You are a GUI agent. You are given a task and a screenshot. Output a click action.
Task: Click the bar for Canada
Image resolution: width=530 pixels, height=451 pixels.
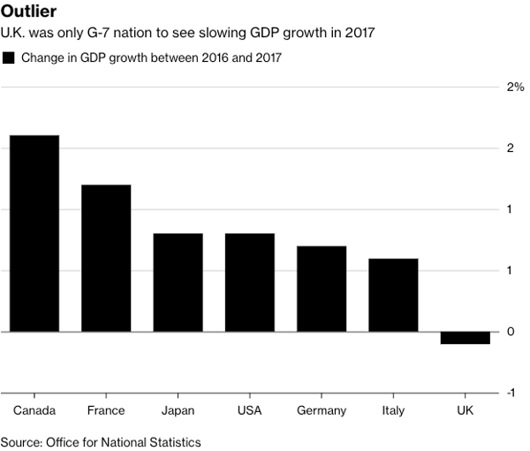[x=34, y=233]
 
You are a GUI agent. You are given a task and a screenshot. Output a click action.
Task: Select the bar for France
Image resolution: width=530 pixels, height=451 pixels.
[x=106, y=258]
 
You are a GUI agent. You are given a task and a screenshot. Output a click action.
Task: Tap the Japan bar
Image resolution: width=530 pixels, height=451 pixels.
[x=178, y=282]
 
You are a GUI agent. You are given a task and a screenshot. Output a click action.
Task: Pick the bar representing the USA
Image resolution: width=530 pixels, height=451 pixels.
[x=249, y=282]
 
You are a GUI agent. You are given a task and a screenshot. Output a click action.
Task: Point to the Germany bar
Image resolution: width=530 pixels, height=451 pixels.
[x=322, y=288]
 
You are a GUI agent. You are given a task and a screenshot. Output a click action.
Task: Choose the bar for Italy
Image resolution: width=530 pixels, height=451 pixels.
[x=393, y=294]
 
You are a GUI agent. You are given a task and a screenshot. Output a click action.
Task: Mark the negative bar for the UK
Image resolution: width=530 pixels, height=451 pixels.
[x=465, y=338]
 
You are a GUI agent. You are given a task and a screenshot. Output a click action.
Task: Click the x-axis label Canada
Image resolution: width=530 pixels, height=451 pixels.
[x=34, y=410]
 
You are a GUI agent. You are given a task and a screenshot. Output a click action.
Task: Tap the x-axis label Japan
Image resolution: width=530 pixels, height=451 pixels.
[x=178, y=410]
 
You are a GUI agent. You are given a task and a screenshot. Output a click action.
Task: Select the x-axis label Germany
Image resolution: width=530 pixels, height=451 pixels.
[x=322, y=410]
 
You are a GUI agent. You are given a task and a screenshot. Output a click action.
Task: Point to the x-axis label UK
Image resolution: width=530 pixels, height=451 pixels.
[x=465, y=410]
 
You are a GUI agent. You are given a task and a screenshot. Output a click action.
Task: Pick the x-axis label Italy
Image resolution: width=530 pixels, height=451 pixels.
[x=393, y=410]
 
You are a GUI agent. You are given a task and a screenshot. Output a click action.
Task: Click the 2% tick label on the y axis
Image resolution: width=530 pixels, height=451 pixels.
[x=514, y=87]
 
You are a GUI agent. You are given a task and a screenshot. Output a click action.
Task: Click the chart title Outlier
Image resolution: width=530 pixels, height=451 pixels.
[x=29, y=12]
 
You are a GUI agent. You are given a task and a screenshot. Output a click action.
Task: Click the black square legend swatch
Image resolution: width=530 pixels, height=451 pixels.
[x=9, y=58]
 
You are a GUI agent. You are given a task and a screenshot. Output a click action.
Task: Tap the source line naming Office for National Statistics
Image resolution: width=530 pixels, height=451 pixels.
[x=101, y=441]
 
